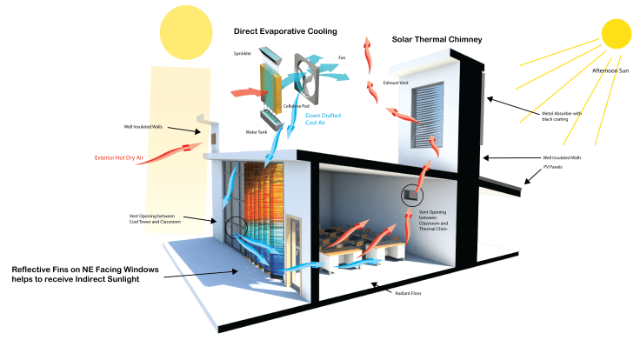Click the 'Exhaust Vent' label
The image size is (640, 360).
pyautogui.click(x=395, y=82)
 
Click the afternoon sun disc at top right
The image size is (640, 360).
pyautogui.click(x=616, y=30)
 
